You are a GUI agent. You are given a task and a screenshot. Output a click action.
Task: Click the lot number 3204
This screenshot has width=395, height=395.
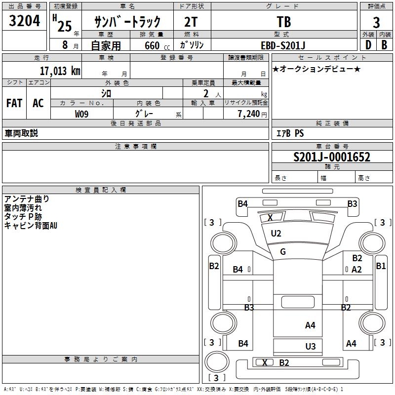25,21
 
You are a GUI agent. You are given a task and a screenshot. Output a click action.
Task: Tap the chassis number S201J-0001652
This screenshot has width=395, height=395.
332,157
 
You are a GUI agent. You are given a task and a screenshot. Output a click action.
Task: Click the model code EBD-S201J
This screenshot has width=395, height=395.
283,45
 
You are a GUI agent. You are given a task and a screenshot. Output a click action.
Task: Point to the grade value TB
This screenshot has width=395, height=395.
284,22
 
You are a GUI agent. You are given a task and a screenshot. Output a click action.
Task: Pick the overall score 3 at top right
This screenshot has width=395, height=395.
376,22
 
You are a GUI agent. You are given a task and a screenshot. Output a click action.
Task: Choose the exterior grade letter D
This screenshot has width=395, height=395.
368,45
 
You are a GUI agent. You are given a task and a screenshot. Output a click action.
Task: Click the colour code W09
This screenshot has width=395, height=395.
82,114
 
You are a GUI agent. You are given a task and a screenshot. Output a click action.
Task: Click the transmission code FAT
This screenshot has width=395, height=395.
14,103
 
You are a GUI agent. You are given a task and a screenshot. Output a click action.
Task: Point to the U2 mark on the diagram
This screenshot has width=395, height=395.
276,234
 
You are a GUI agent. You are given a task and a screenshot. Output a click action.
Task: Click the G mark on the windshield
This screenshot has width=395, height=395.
283,252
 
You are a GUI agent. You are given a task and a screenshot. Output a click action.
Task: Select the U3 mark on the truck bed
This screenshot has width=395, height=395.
311,347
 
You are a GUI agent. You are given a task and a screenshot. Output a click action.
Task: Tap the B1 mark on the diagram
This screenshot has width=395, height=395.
381,266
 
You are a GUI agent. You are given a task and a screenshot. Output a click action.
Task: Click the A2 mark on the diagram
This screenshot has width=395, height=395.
356,269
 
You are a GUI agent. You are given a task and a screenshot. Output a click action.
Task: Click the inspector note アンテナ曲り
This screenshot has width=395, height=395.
27,199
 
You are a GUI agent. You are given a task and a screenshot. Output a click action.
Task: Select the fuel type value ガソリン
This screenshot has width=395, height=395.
192,45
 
